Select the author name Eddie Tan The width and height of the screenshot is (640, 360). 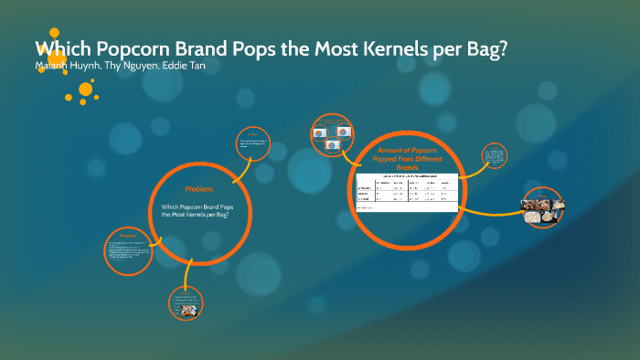185,67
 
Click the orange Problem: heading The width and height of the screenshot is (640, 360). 199,188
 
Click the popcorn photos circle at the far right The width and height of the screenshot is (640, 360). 542,207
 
